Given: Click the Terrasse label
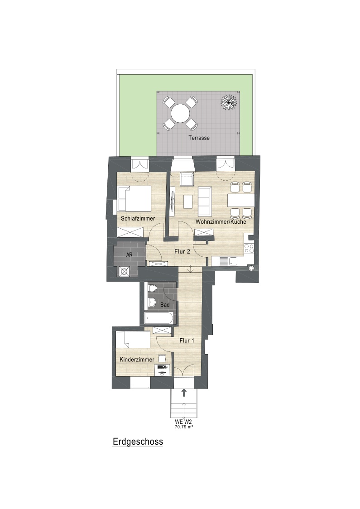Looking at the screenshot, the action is point(199,138).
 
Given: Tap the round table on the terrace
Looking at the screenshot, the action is point(181,113).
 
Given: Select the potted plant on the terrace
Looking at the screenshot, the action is point(229,102).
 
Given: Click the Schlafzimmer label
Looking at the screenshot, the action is point(138,218).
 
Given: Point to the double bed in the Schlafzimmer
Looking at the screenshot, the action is point(134,199).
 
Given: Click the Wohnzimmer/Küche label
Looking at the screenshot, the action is point(221,222).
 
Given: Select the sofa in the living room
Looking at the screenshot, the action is point(205,202).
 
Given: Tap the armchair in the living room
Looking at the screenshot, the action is point(187,179).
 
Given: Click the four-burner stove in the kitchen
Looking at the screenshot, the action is point(249,248).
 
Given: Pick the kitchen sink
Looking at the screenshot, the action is point(228,261).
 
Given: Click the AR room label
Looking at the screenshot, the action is point(129,255).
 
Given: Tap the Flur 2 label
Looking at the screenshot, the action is point(182,251).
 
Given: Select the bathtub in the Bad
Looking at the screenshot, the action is point(159,318).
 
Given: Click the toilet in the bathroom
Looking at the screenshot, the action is point(152,288).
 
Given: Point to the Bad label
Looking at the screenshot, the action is point(165,305).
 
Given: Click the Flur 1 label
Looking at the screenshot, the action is point(187,341).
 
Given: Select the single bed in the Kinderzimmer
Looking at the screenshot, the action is point(133,340).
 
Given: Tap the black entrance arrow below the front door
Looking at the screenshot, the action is point(184,393).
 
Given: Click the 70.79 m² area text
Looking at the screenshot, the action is point(184,427).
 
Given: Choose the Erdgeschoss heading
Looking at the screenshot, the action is point(138,442).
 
